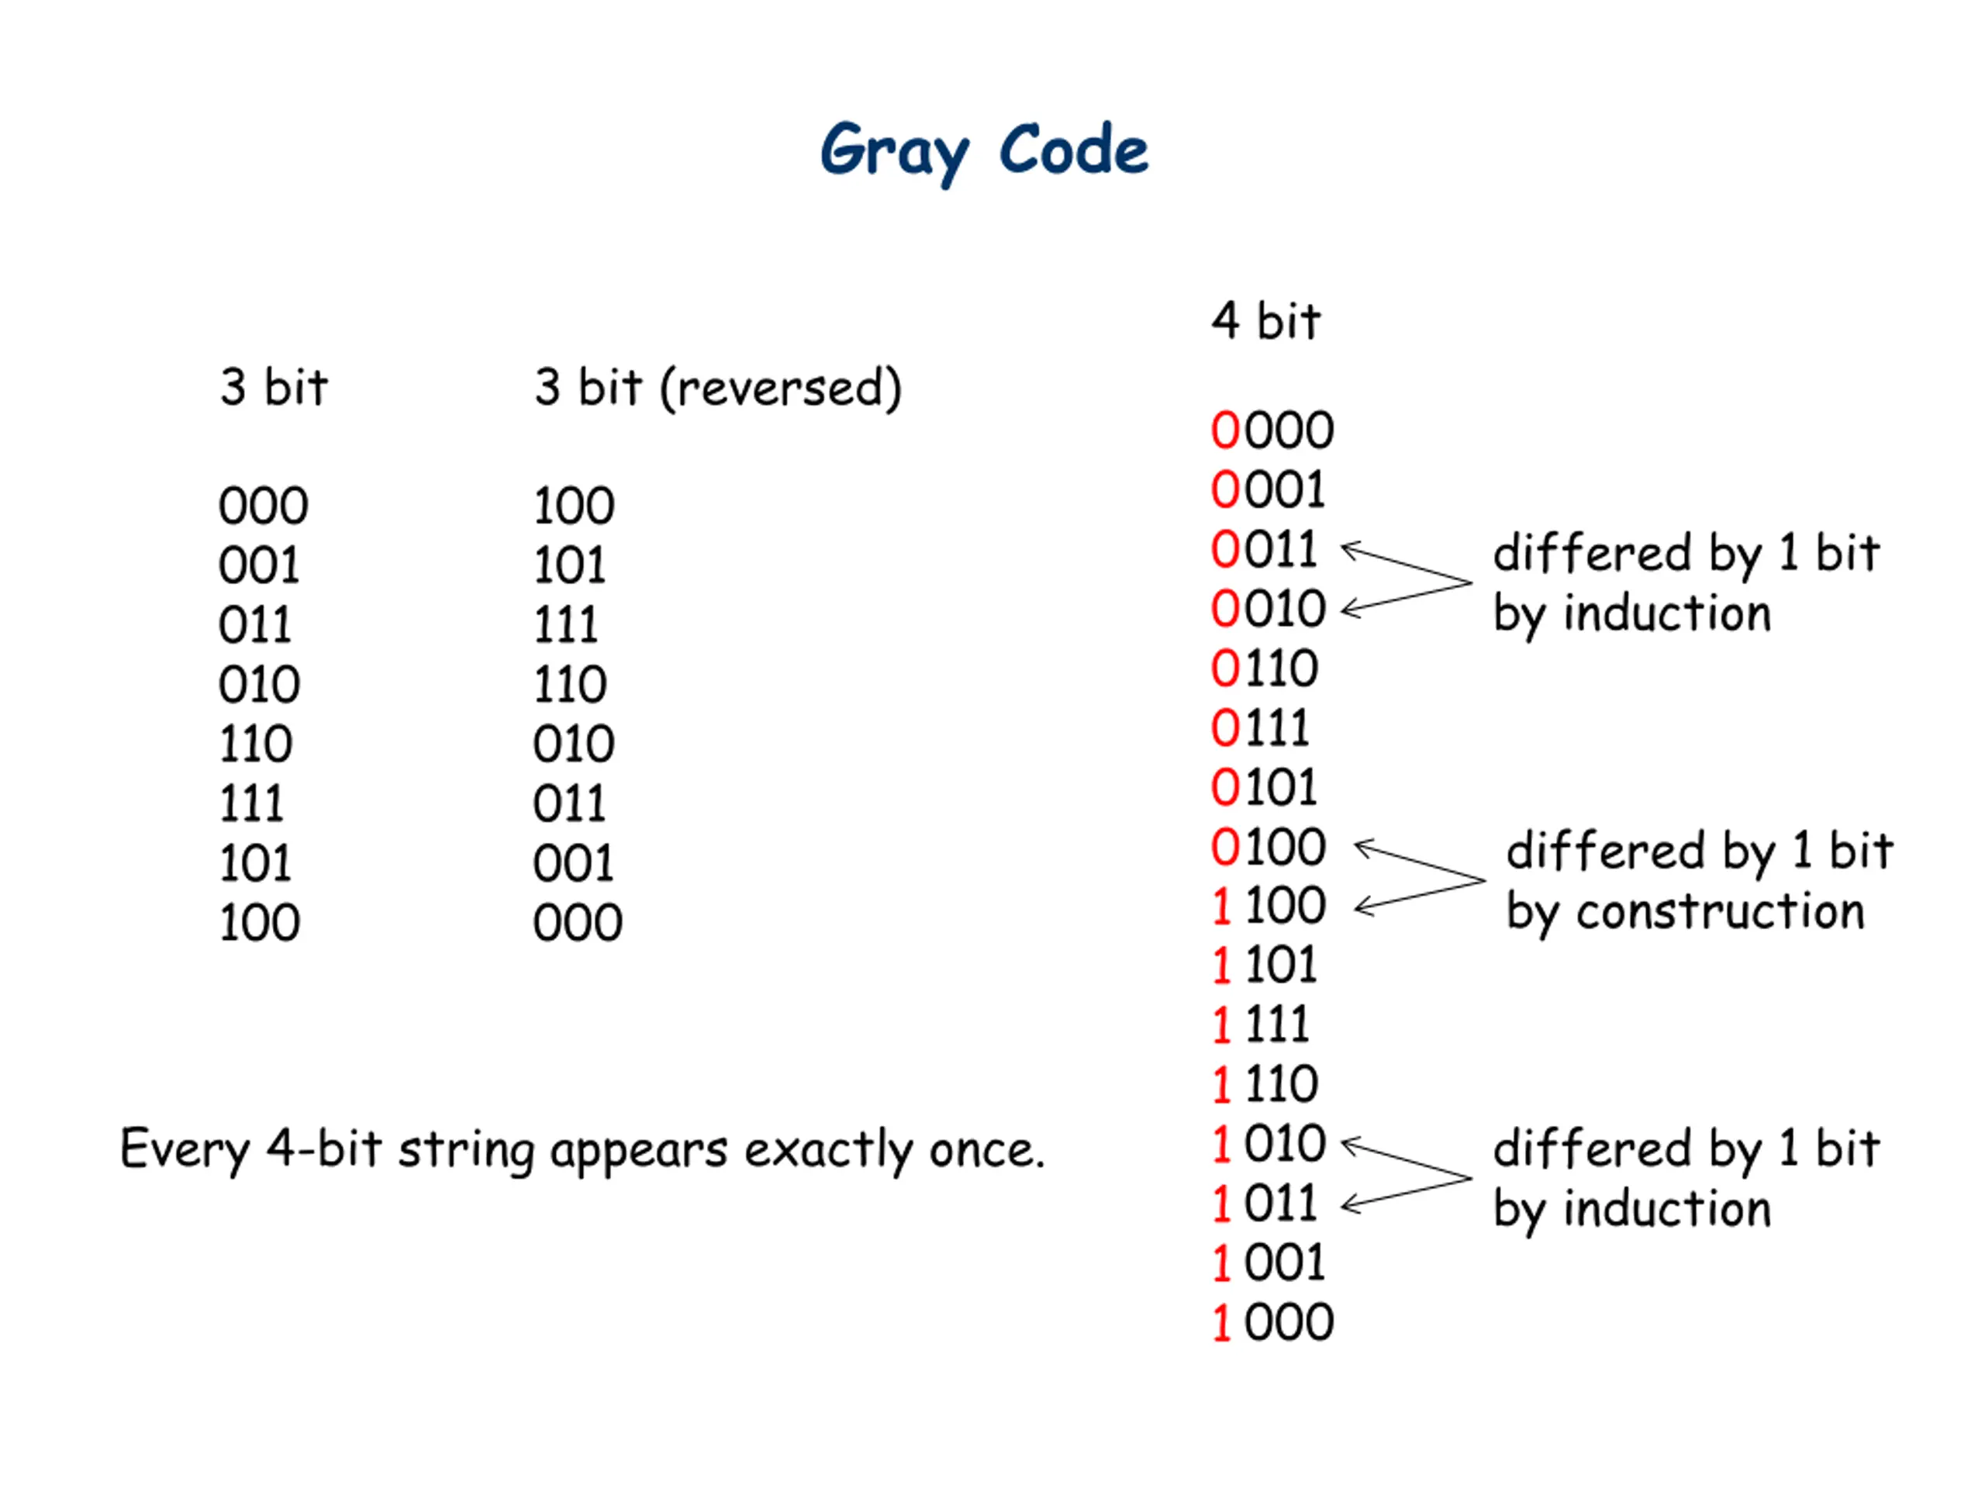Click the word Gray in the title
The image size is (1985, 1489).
894,153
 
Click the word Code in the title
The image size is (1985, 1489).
1073,149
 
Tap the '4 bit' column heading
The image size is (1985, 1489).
1265,320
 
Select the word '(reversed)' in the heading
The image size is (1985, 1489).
781,388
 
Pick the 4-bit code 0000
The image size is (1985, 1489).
1272,430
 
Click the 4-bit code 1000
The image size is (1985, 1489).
1272,1322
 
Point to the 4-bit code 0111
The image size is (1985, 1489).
1260,728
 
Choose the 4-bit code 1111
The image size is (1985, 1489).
1261,1024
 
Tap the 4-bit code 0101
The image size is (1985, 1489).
1264,787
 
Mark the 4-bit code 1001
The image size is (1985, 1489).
1268,1263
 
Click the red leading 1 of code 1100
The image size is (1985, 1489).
1221,906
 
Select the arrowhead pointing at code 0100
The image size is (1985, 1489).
1365,848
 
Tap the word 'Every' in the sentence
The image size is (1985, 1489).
185,1151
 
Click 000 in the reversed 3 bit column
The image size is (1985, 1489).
577,923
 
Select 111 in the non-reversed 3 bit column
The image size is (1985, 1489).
251,803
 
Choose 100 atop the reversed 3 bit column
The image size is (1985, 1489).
574,506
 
